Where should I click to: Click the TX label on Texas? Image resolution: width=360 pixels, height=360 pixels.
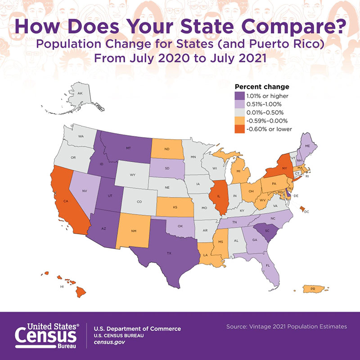[169, 253]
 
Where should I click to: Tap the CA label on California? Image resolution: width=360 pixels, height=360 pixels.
[65, 201]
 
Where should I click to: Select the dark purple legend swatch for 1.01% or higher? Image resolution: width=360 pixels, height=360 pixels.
[239, 96]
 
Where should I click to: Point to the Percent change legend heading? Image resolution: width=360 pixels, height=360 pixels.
[262, 87]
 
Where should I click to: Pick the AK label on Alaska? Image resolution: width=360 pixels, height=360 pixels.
[80, 93]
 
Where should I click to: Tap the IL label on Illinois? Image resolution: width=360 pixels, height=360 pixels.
[218, 196]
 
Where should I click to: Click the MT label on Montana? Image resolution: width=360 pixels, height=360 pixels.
[128, 148]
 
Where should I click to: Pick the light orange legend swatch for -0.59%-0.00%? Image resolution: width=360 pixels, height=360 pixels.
[239, 120]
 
